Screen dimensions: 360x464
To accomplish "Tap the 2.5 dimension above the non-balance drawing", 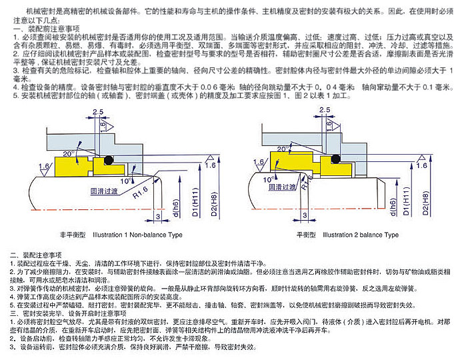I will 99,111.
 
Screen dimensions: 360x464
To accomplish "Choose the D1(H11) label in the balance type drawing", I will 406,204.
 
